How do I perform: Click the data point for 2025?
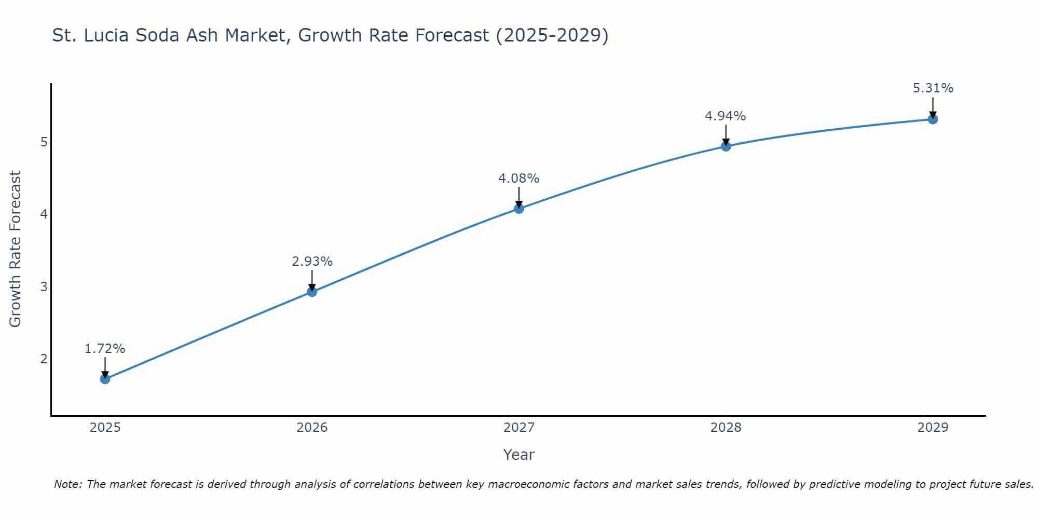coord(105,379)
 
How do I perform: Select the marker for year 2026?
coord(312,292)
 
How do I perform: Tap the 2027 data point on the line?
coord(519,209)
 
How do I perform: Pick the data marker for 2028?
coord(726,146)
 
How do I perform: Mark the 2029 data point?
coord(933,119)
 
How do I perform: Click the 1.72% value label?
coord(105,349)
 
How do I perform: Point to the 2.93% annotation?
coord(312,262)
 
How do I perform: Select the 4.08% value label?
coord(519,179)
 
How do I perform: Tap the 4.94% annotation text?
coord(726,116)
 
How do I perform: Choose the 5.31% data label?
coord(933,88)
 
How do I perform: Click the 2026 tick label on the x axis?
coord(312,428)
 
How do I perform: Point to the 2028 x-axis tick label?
coord(726,428)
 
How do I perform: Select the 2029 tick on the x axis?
coord(933,428)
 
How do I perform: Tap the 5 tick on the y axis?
coord(44,142)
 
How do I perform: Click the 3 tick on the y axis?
coord(44,286)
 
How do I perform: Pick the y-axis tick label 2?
coord(44,359)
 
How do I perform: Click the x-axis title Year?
coord(519,455)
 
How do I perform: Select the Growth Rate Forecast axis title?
coord(16,249)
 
